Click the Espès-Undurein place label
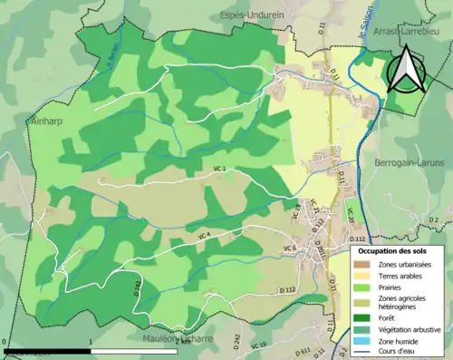(257, 15)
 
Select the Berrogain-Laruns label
(405, 162)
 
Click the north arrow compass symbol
(408, 71)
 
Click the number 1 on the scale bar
(92, 343)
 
